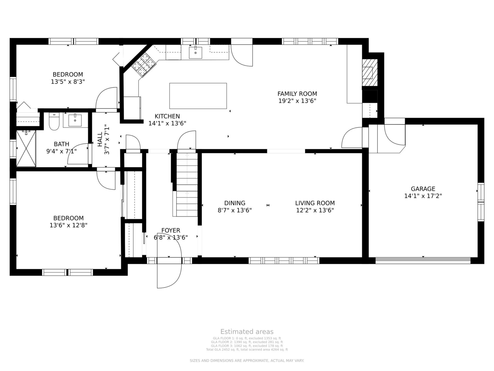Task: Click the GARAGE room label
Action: tap(423, 189)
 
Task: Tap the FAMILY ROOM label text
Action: tap(297, 94)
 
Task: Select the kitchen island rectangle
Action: tap(198, 96)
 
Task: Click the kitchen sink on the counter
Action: tap(196, 53)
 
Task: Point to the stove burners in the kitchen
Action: tap(144, 65)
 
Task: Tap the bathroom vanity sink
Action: tap(75, 120)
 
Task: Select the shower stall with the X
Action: tap(26, 148)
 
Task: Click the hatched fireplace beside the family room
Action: tap(370, 73)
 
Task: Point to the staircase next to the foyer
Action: tap(187, 184)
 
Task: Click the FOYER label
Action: tap(171, 230)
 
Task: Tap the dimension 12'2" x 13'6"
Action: tap(315, 210)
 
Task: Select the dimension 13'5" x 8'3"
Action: tap(68, 82)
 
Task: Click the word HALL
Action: tap(100, 139)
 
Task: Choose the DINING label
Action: tap(235, 203)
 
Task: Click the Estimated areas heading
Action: tap(247, 332)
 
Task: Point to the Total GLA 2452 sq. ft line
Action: tap(247, 350)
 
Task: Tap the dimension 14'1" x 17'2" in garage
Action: tap(423, 196)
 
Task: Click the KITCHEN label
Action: tap(167, 116)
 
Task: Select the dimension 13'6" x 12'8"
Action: tap(68, 225)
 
